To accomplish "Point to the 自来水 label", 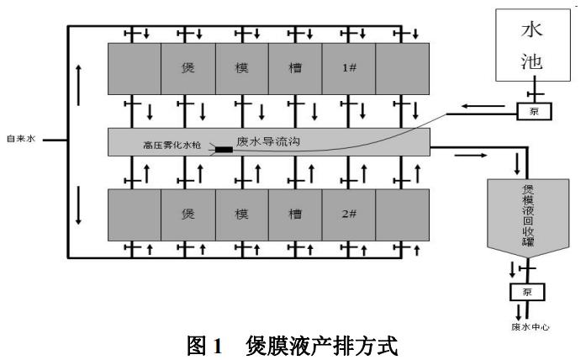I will point(21,138).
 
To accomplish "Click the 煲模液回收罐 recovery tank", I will point(527,216).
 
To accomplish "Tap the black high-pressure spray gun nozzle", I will point(224,150).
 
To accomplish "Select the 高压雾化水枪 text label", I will point(173,146).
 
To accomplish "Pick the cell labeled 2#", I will point(349,214).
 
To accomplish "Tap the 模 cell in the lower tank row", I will point(242,214).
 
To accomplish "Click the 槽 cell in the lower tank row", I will point(296,214).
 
